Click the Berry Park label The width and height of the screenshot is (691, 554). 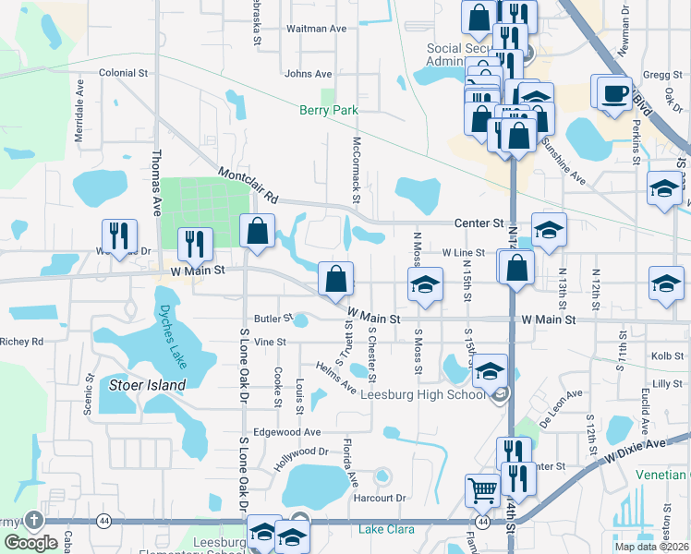[328, 110]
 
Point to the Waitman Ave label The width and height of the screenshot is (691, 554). [316, 29]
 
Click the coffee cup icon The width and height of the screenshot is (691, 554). [615, 93]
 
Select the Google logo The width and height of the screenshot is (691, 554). [30, 543]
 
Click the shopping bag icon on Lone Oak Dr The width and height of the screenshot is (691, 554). [258, 232]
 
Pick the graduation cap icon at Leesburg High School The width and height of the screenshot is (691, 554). [490, 371]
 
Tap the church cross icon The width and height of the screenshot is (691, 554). [34, 520]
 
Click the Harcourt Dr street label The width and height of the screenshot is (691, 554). [380, 498]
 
